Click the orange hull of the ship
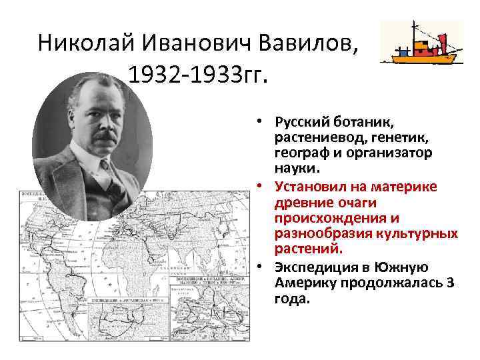(x=419, y=58)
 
